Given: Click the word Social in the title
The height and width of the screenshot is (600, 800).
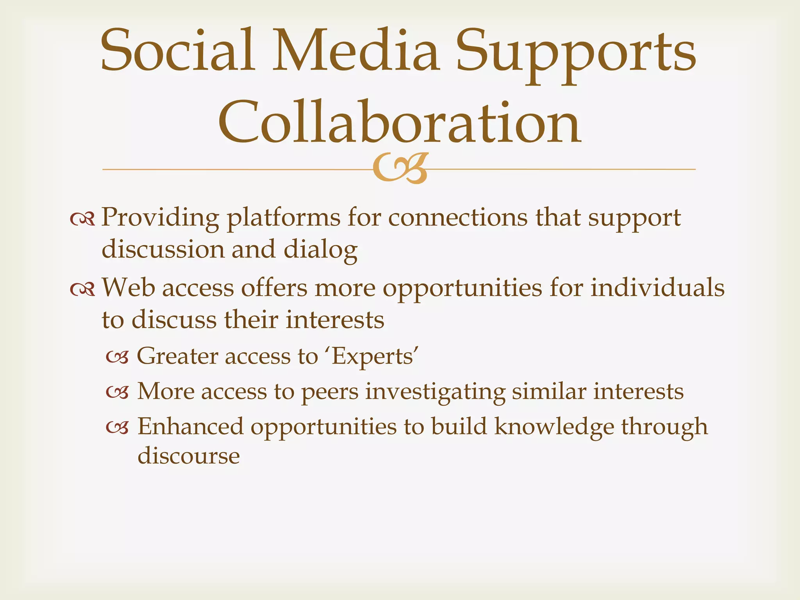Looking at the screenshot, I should click(x=178, y=51).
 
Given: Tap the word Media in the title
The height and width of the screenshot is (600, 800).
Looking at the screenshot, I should click(x=356, y=51).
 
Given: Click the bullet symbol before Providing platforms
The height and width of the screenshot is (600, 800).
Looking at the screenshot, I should click(x=82, y=220).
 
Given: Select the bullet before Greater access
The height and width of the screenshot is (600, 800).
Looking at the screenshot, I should click(x=117, y=357).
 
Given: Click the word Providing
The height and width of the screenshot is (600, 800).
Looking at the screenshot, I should click(x=160, y=218).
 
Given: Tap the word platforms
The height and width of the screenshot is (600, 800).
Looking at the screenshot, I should click(x=284, y=218).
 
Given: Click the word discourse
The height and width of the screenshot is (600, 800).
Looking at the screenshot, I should click(x=189, y=456).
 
